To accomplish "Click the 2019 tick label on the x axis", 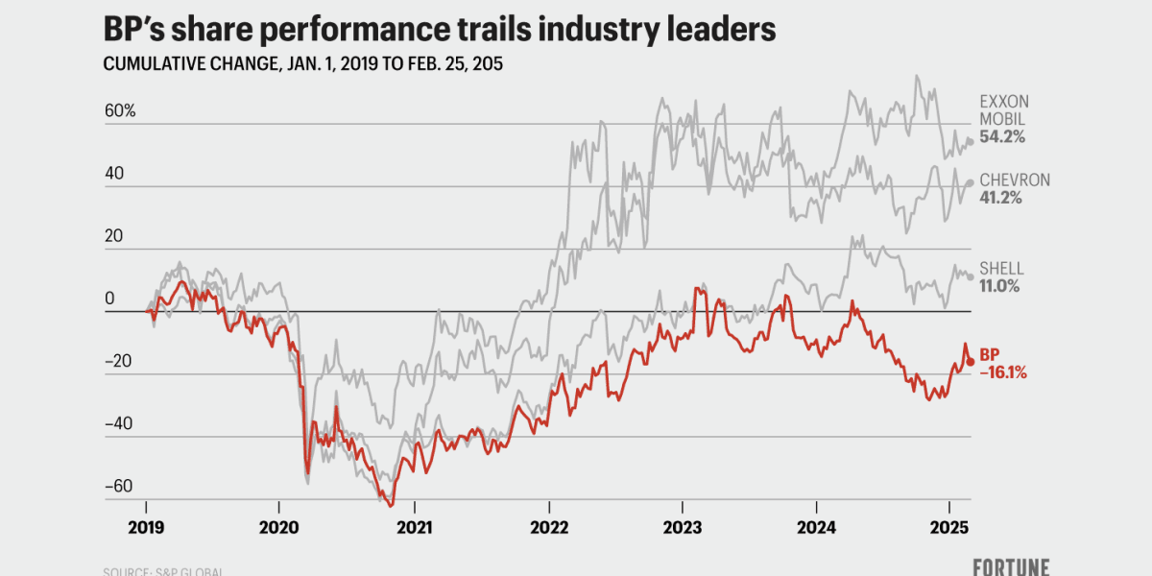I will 146,527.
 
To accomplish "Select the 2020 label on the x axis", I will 279,527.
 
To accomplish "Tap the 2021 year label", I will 414,527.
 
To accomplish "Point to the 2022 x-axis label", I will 548,527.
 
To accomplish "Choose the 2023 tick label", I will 682,527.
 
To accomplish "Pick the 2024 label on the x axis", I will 816,527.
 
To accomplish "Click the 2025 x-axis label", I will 949,527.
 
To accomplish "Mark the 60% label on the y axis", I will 120,111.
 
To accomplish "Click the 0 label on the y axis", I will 108,300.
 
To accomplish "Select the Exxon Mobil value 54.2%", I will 1002,137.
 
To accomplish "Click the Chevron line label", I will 1015,180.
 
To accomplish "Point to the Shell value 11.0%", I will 999,286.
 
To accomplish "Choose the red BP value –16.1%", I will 1003,373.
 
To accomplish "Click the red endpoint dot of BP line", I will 971,361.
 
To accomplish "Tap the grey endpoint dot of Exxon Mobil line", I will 971,141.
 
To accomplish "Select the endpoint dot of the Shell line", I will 971,276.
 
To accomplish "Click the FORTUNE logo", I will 1010,566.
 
